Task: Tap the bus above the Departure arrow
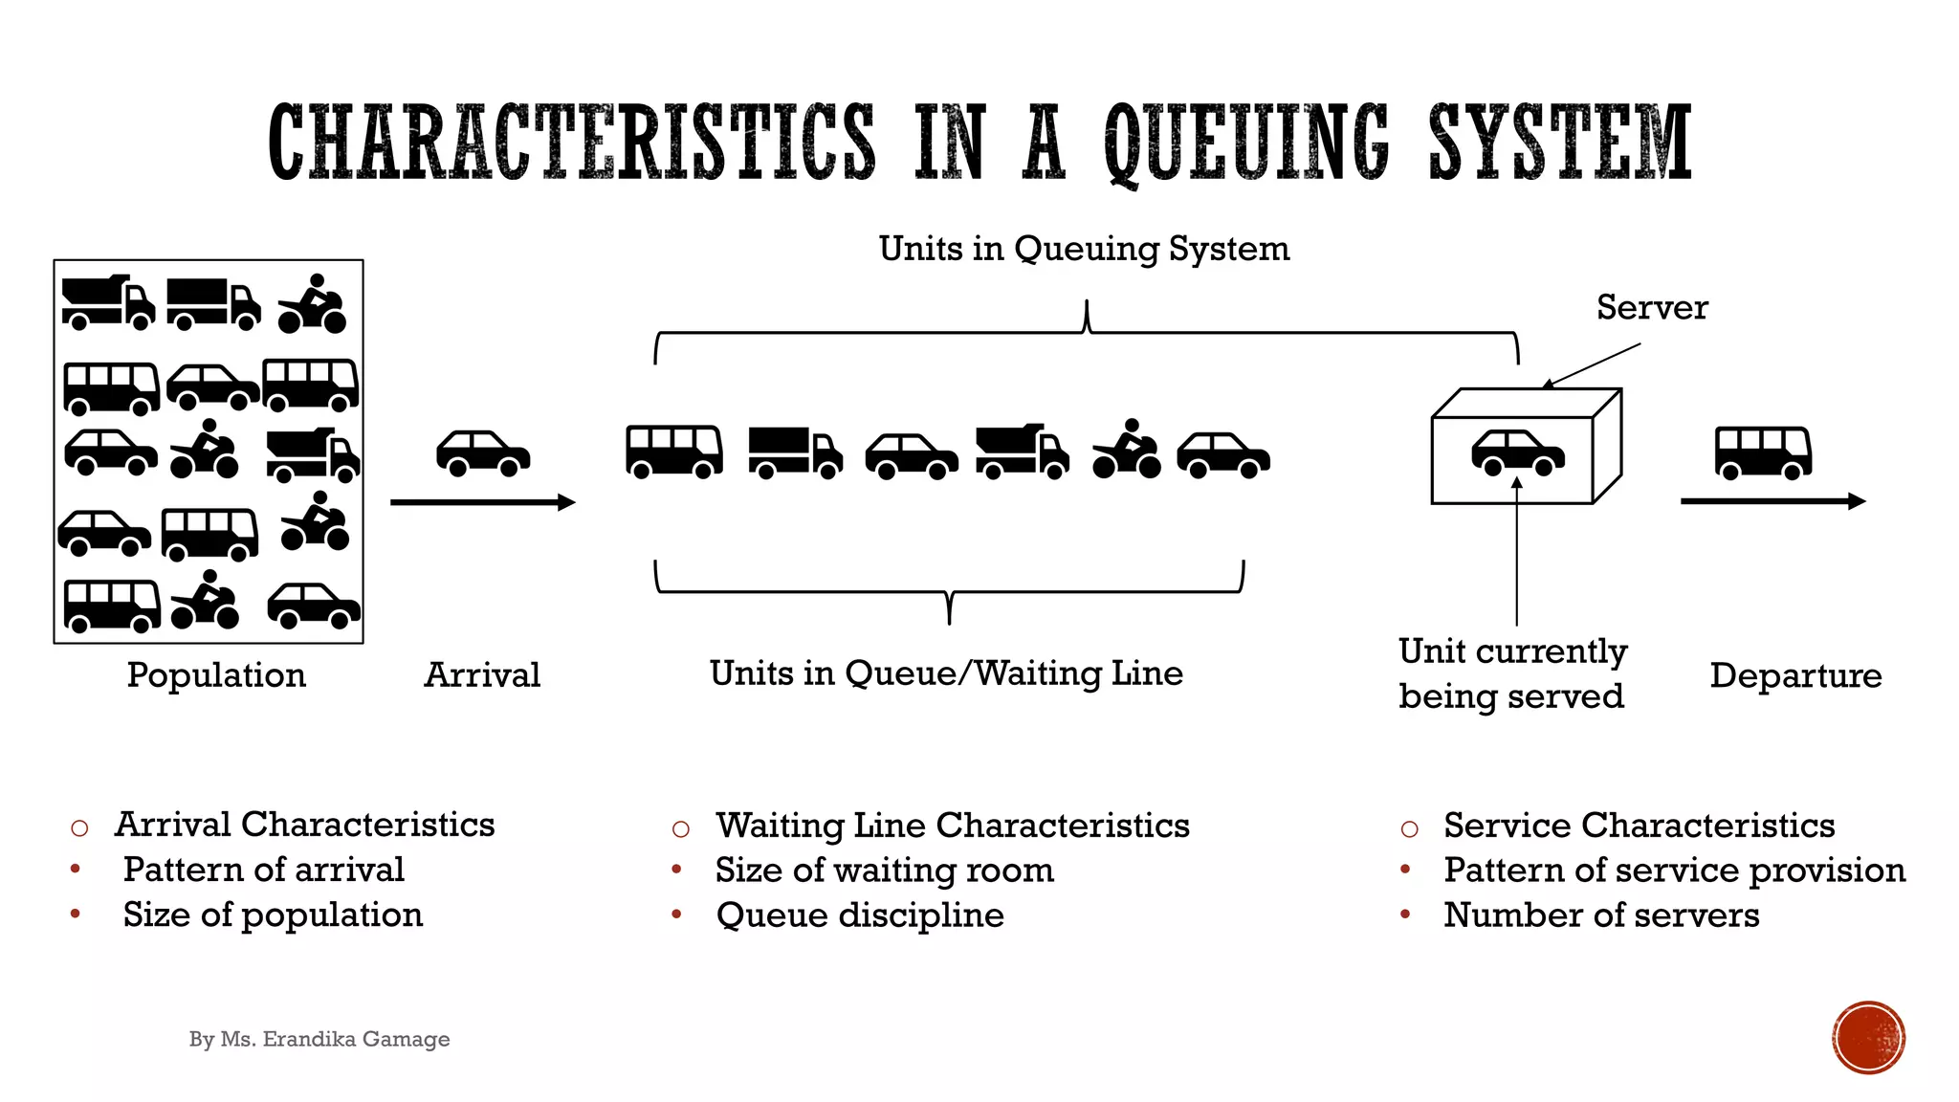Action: [x=1763, y=452]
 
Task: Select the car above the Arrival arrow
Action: [x=483, y=453]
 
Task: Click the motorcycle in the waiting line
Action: [x=1127, y=450]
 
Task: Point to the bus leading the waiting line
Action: [x=674, y=452]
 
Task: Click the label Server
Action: [x=1652, y=308]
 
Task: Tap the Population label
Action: [x=216, y=675]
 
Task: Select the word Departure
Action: [x=1795, y=675]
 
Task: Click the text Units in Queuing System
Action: [x=1084, y=249]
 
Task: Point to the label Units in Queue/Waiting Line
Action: [x=946, y=673]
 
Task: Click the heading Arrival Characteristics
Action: [x=304, y=825]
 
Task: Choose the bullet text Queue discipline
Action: [x=860, y=915]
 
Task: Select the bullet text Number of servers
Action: [x=1601, y=915]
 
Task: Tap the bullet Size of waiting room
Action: [x=885, y=871]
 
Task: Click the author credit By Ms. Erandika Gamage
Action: [x=319, y=1039]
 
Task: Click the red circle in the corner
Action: [x=1868, y=1038]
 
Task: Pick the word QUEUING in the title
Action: [x=1246, y=143]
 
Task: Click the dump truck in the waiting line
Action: [x=1022, y=452]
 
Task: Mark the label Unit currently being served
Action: [x=1511, y=673]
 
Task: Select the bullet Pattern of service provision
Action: [x=1674, y=871]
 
